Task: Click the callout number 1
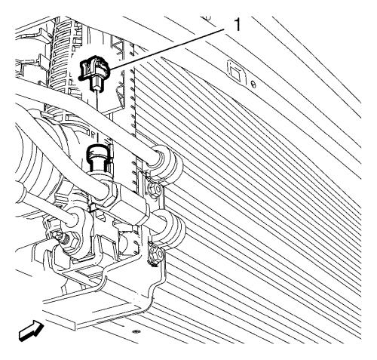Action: (237, 25)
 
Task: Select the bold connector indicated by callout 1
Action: (94, 73)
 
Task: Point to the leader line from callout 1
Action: (167, 49)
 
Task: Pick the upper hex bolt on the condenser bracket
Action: (154, 188)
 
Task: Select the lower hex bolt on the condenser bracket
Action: (156, 254)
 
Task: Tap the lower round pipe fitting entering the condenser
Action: (169, 229)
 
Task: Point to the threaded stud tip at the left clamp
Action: (58, 236)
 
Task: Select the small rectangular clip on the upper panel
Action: (237, 72)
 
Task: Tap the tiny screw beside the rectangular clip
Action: (254, 85)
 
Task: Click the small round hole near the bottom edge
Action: (136, 331)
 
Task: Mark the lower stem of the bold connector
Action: (97, 84)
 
